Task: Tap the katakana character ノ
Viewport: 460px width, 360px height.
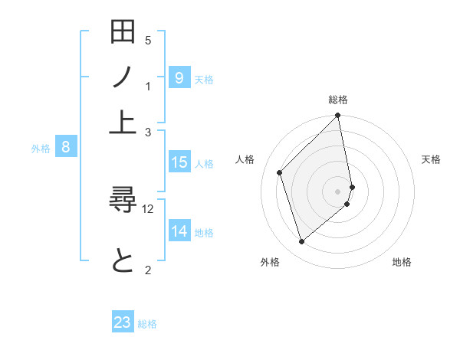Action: pyautogui.click(x=123, y=78)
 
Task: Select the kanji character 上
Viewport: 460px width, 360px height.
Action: pyautogui.click(x=123, y=122)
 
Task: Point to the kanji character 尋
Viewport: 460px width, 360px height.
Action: pyautogui.click(x=123, y=203)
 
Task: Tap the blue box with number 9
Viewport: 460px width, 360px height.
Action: pyautogui.click(x=179, y=78)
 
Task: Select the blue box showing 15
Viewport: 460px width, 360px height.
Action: pyautogui.click(x=179, y=162)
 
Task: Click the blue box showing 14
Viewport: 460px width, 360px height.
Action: pyautogui.click(x=179, y=232)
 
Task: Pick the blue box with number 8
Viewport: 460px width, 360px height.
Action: pyautogui.click(x=66, y=148)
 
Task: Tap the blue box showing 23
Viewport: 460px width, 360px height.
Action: pyautogui.click(x=123, y=323)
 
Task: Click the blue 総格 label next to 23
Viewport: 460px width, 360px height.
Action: pyautogui.click(x=147, y=324)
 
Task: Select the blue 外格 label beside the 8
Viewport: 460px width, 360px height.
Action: pyautogui.click(x=41, y=149)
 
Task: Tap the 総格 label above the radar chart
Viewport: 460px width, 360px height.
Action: pyautogui.click(x=338, y=100)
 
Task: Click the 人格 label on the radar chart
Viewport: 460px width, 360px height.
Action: pyautogui.click(x=245, y=159)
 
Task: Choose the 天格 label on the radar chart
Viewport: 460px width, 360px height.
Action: pyautogui.click(x=431, y=159)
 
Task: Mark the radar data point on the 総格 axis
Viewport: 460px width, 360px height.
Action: pyautogui.click(x=338, y=116)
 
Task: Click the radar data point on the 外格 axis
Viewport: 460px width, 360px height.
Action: pyautogui.click(x=302, y=242)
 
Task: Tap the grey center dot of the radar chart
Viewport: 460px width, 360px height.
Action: pyautogui.click(x=338, y=191)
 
